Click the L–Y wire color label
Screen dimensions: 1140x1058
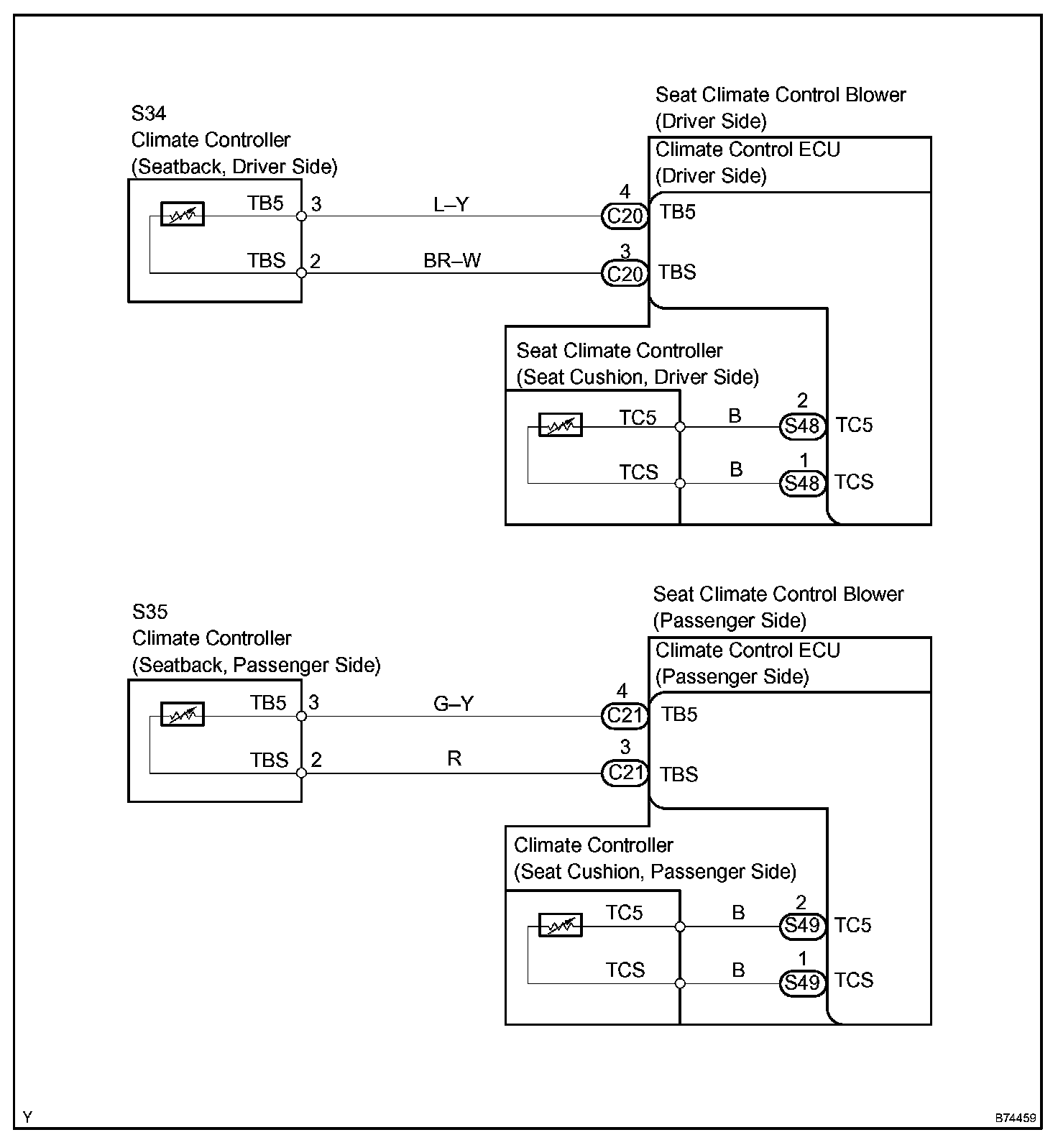click(451, 205)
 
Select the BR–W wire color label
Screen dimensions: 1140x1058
click(452, 260)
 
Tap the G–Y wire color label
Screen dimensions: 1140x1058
click(454, 703)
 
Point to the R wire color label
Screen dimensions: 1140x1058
click(454, 758)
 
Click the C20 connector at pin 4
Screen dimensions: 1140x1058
click(625, 216)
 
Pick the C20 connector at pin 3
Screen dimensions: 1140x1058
click(625, 273)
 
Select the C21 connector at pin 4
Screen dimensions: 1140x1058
click(625, 716)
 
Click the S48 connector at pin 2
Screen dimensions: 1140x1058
click(802, 426)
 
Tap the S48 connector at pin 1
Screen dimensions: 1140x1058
click(802, 483)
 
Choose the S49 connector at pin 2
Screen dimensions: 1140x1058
click(802, 926)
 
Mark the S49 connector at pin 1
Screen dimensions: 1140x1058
click(802, 983)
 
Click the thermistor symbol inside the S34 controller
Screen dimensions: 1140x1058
click(183, 214)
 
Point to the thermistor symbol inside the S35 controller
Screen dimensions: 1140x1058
click(183, 714)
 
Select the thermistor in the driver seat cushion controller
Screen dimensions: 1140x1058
click(561, 426)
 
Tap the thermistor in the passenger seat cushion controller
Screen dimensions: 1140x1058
click(561, 926)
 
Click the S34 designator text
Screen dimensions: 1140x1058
click(149, 114)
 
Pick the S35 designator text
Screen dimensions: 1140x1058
click(149, 612)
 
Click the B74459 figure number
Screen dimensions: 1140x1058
click(1016, 1118)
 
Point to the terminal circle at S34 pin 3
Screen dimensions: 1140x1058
click(302, 216)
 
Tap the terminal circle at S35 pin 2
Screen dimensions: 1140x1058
click(302, 773)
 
